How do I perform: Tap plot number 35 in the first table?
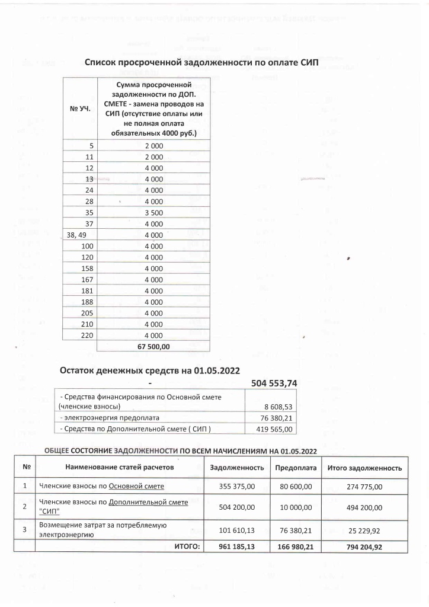tap(91, 211)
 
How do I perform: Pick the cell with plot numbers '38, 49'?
tap(78, 234)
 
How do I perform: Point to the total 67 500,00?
tap(153, 346)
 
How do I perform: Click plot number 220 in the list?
tap(89, 335)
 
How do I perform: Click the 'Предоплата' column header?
tap(295, 468)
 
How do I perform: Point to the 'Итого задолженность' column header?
tap(364, 468)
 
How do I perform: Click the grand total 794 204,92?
tap(364, 547)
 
